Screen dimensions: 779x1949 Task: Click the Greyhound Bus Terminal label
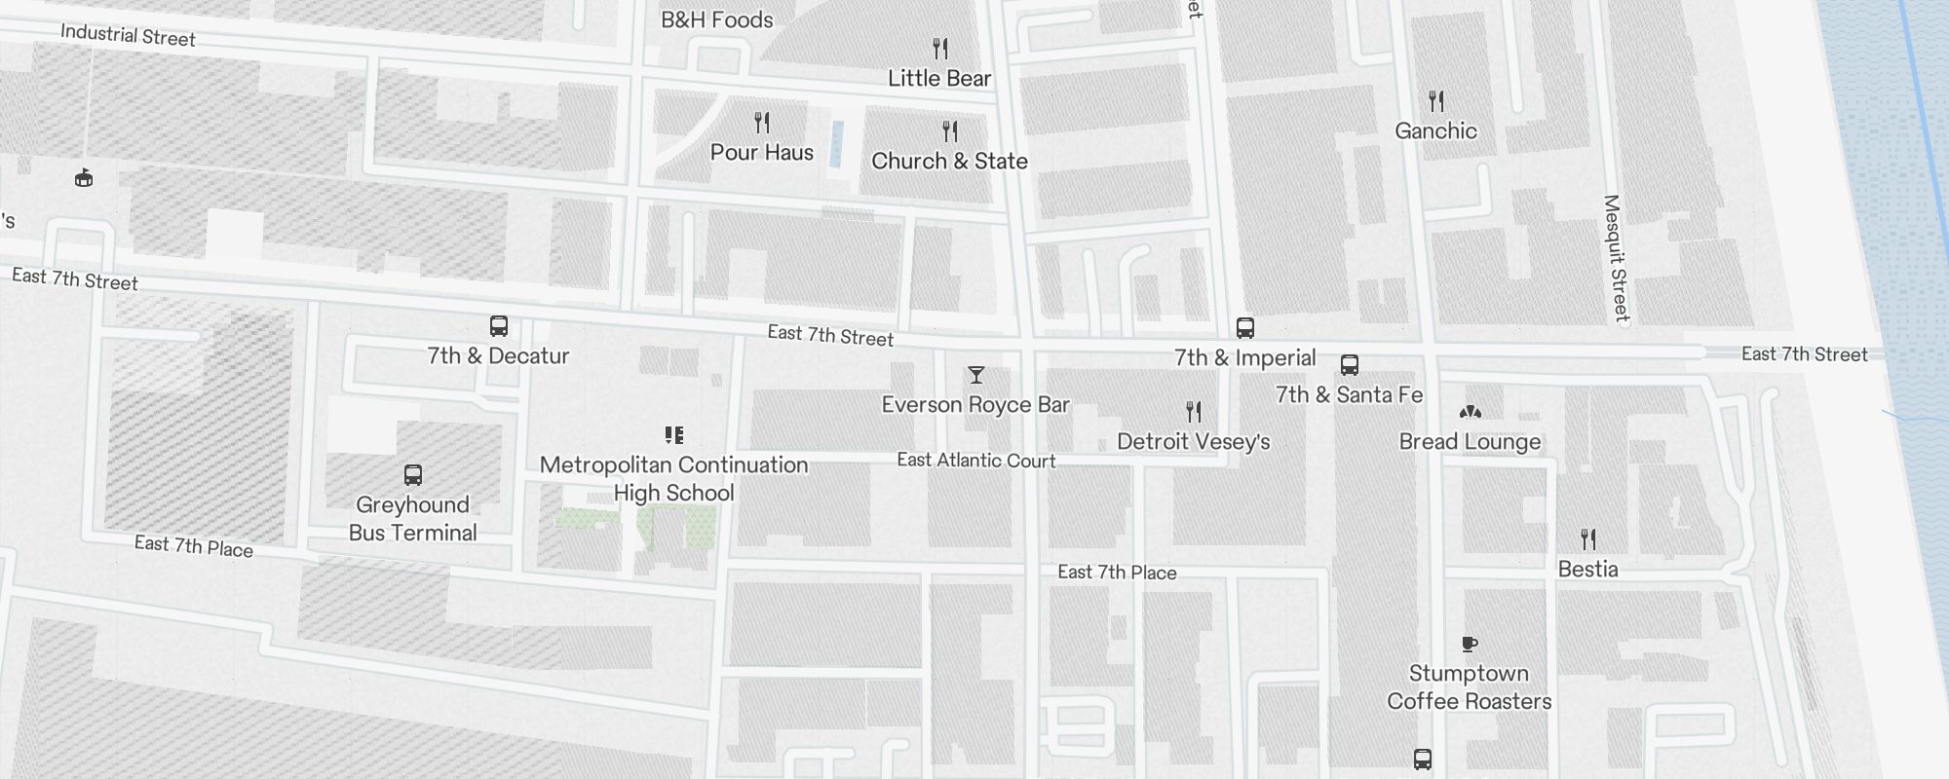413,518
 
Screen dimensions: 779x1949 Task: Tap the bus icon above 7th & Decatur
499,326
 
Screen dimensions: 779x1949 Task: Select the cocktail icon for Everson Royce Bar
975,375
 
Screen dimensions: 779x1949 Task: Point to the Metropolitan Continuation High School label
674,478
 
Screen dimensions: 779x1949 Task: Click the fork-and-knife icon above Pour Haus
762,123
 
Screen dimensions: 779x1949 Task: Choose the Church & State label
949,161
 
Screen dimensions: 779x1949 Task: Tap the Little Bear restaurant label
939,78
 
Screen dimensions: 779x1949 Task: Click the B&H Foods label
717,19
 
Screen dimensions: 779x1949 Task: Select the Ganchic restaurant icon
1435,100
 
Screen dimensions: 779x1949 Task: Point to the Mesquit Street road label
1616,258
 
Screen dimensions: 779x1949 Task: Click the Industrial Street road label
128,36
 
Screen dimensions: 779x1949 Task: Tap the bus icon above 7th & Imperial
1245,328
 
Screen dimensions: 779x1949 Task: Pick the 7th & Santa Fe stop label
1350,394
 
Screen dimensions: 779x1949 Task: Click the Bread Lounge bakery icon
1470,412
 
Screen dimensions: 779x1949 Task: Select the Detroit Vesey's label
1194,441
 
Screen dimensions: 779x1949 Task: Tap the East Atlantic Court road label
976,460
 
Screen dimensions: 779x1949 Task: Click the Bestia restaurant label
1588,569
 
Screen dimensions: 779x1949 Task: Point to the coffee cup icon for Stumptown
1470,644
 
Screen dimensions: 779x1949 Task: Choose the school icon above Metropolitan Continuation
674,434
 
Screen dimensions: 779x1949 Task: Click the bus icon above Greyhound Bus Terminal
413,475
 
